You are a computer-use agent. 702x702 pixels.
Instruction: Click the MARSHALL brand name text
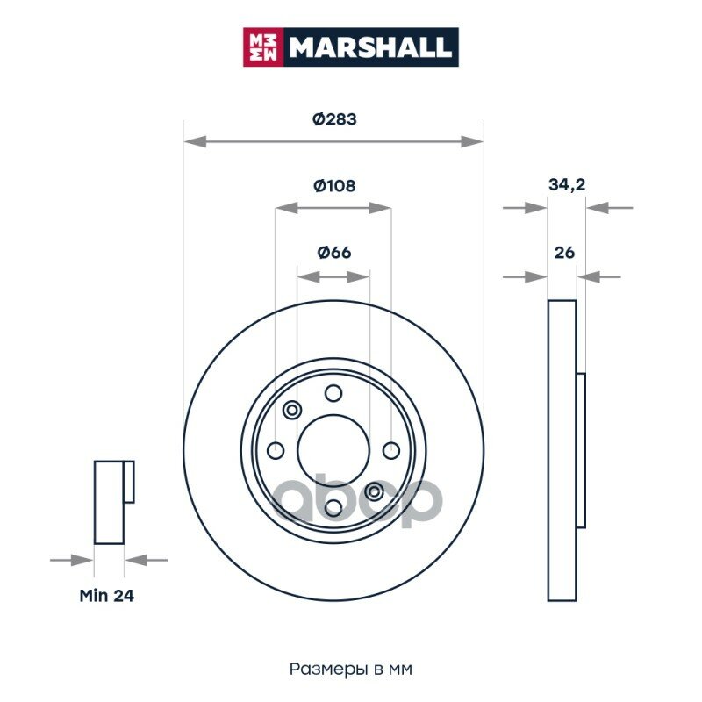pyautogui.click(x=369, y=47)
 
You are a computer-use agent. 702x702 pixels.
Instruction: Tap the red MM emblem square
pyautogui.click(x=262, y=47)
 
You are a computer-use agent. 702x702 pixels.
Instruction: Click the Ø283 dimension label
pyautogui.click(x=334, y=119)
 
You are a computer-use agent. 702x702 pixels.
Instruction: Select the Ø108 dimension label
pyautogui.click(x=334, y=185)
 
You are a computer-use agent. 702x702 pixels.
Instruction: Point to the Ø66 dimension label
pyautogui.click(x=334, y=253)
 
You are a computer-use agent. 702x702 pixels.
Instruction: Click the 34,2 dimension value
pyautogui.click(x=567, y=184)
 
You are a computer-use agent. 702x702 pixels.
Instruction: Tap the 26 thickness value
pyautogui.click(x=564, y=253)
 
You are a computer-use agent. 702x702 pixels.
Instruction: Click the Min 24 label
pyautogui.click(x=106, y=596)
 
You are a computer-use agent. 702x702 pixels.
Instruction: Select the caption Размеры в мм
pyautogui.click(x=350, y=669)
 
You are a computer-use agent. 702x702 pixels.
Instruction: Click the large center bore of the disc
pyautogui.click(x=333, y=450)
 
